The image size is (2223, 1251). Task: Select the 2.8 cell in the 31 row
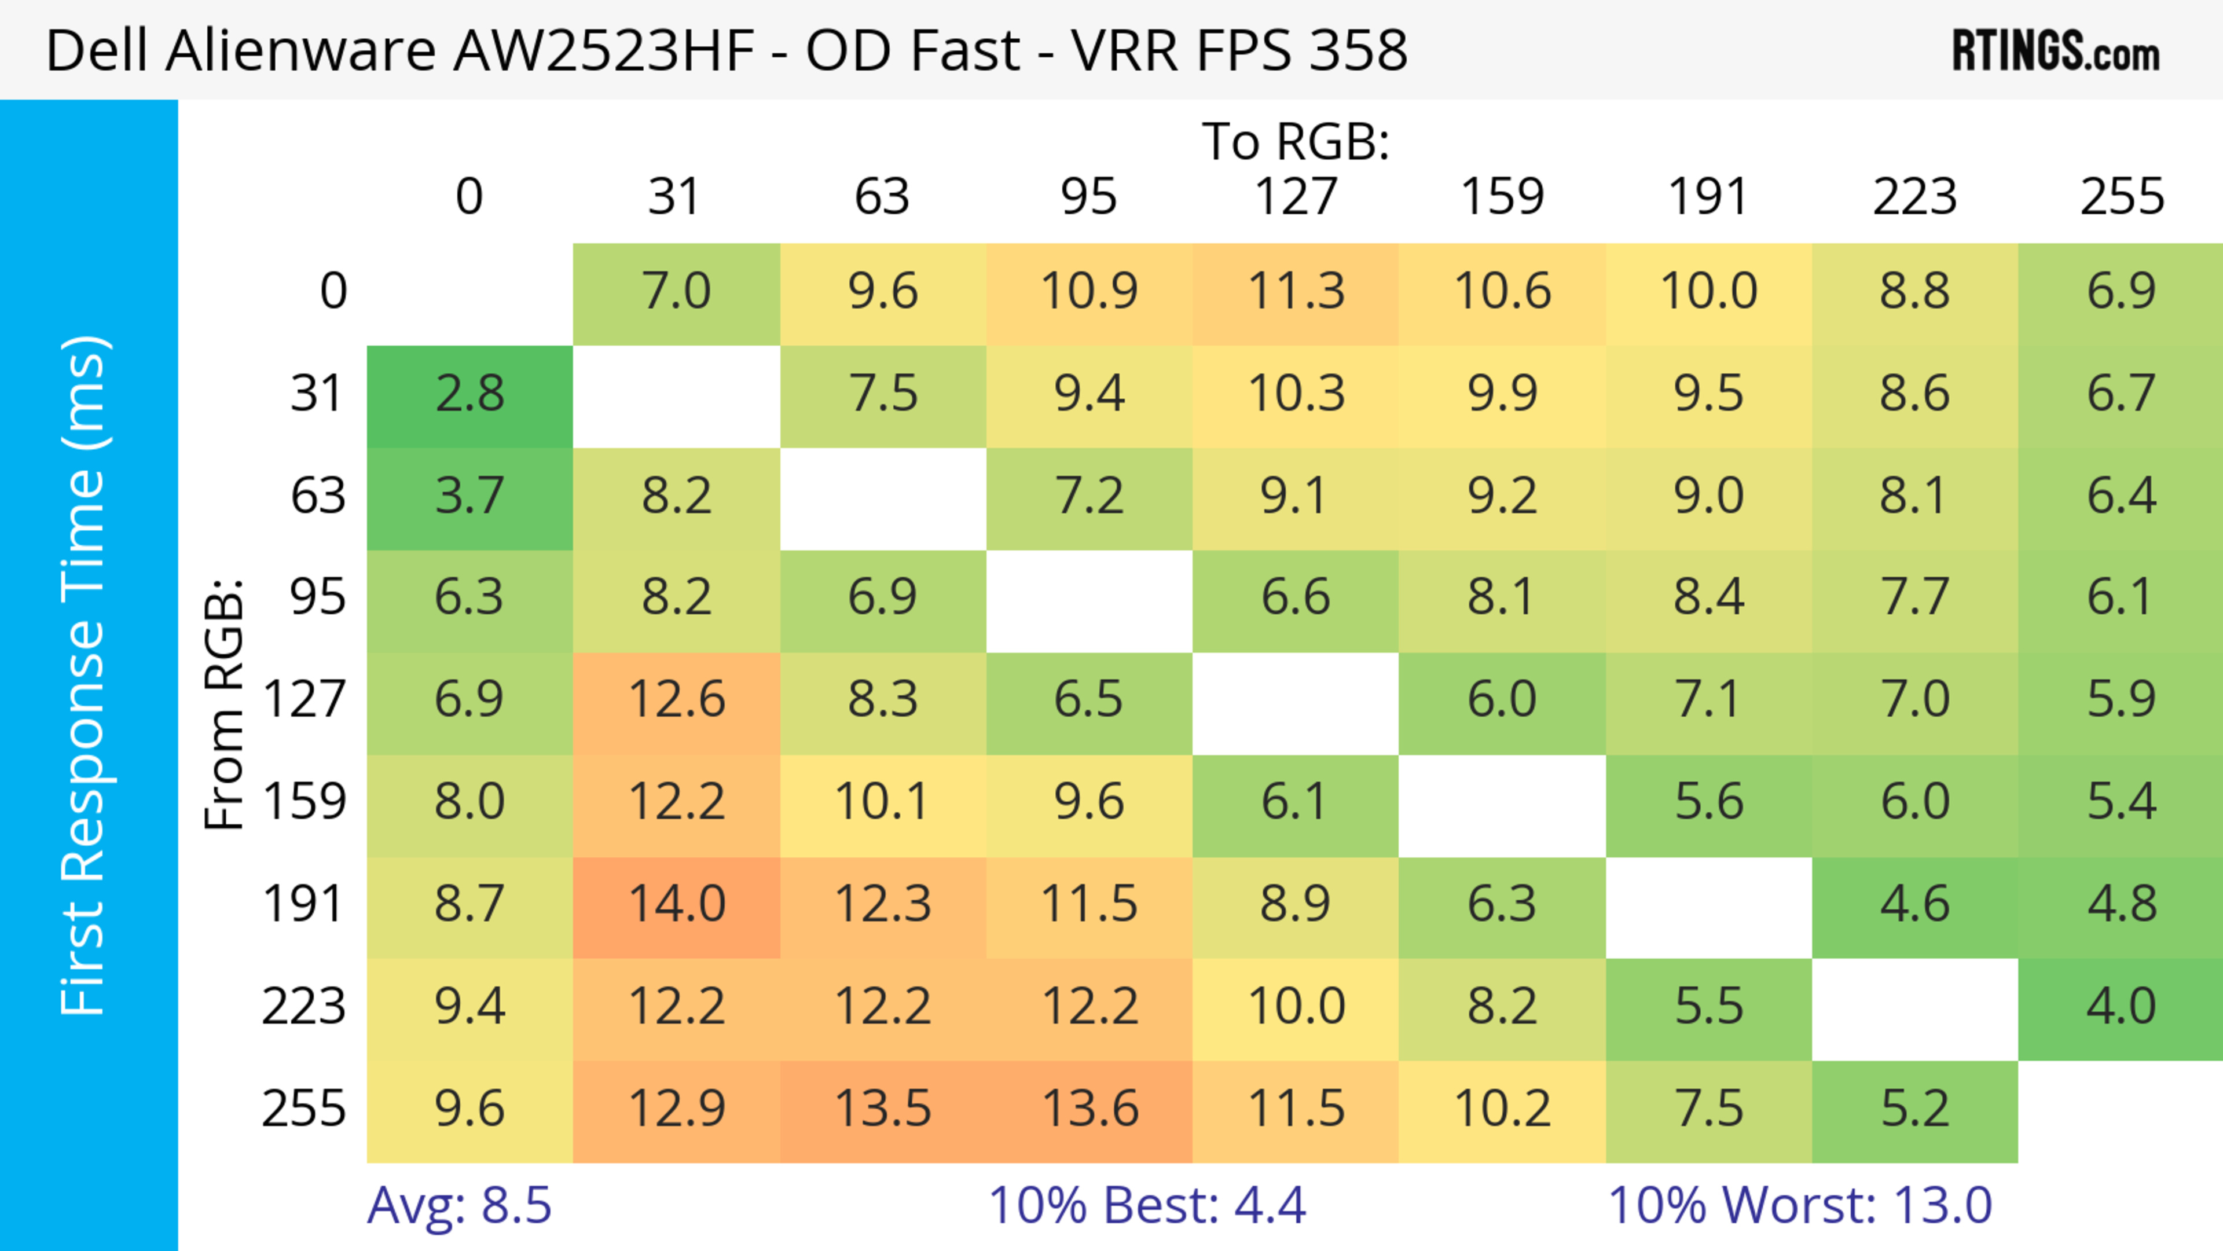[469, 394]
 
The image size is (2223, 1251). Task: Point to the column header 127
[1296, 197]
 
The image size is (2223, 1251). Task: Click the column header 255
[2121, 197]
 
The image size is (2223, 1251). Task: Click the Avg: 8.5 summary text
[459, 1205]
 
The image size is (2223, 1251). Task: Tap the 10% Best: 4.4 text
[1147, 1205]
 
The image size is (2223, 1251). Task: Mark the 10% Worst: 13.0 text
[1800, 1205]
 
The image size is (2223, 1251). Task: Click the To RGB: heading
[1296, 141]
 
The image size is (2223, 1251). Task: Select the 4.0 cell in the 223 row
[2121, 1007]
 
